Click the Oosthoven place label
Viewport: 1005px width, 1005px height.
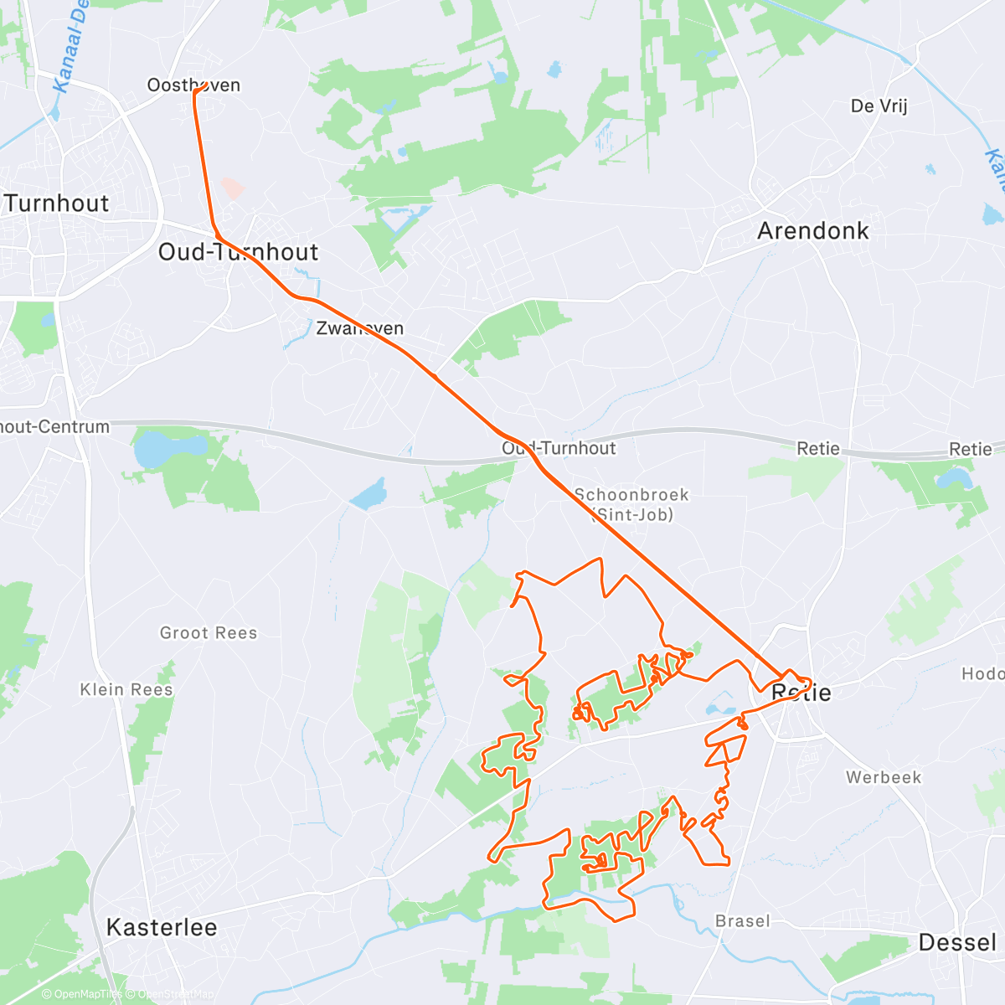pyautogui.click(x=193, y=85)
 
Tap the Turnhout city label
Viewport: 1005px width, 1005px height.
pyautogui.click(x=57, y=204)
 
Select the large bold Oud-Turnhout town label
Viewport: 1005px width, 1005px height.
pyautogui.click(x=239, y=252)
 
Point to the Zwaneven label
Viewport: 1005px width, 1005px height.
pyautogui.click(x=359, y=328)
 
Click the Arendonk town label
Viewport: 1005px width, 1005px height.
pyautogui.click(x=812, y=231)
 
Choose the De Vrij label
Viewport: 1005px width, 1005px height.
pyautogui.click(x=879, y=106)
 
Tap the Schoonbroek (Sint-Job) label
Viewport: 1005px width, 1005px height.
pyautogui.click(x=631, y=504)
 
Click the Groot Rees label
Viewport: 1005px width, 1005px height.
pyautogui.click(x=209, y=633)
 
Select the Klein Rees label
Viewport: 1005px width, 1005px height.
pyautogui.click(x=126, y=689)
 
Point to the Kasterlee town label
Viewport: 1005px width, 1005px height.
pyautogui.click(x=162, y=927)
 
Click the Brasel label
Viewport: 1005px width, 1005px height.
pyautogui.click(x=742, y=920)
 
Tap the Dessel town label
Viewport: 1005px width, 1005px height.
pyautogui.click(x=957, y=942)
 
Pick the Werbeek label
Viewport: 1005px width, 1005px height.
pyautogui.click(x=883, y=777)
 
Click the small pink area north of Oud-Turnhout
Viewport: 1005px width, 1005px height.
pyautogui.click(x=233, y=188)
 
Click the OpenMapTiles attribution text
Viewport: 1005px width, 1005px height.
pyautogui.click(x=81, y=994)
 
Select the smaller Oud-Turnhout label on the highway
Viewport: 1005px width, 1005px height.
pyautogui.click(x=559, y=448)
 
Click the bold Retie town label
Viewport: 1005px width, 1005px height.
pyautogui.click(x=801, y=692)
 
